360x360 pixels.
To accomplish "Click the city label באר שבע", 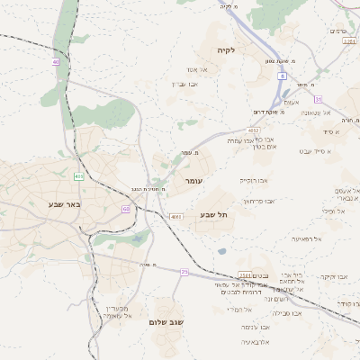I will (x=66, y=204).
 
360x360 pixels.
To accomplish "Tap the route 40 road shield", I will (x=56, y=62).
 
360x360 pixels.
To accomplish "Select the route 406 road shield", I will (x=79, y=176).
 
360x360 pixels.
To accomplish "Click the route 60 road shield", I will (x=126, y=209).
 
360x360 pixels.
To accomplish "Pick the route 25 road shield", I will (x=184, y=271).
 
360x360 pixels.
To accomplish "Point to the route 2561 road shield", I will (x=245, y=275).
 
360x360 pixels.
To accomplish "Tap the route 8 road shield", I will (x=282, y=77).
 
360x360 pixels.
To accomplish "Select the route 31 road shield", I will (x=318, y=99).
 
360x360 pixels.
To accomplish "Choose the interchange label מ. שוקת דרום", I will (x=267, y=112).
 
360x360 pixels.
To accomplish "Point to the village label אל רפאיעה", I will (x=307, y=238).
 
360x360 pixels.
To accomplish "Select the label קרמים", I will (x=338, y=31).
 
